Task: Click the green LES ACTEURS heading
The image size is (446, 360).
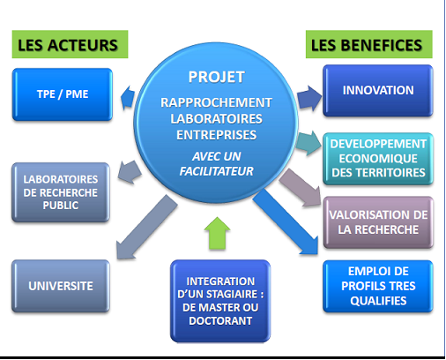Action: pyautogui.click(x=70, y=44)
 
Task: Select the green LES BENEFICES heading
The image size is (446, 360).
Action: pyautogui.click(x=369, y=44)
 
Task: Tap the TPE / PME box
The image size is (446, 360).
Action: pyautogui.click(x=63, y=94)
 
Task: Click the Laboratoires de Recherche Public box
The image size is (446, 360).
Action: pyautogui.click(x=61, y=192)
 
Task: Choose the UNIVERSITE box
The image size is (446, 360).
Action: pyautogui.click(x=61, y=286)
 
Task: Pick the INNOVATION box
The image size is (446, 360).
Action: pyautogui.click(x=378, y=91)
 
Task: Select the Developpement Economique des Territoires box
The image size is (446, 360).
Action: pyautogui.click(x=378, y=159)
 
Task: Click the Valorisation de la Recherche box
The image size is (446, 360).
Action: pyautogui.click(x=378, y=222)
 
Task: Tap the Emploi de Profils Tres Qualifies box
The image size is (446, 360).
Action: pyautogui.click(x=378, y=286)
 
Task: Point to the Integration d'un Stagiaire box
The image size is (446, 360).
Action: pyautogui.click(x=220, y=301)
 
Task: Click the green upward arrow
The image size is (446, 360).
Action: pyautogui.click(x=217, y=234)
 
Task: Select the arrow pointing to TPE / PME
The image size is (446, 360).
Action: pyautogui.click(x=128, y=98)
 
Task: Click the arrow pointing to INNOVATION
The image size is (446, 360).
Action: pyautogui.click(x=309, y=98)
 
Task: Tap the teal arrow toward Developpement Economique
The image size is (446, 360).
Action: pyautogui.click(x=308, y=143)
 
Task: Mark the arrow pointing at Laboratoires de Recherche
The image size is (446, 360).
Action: pyautogui.click(x=130, y=172)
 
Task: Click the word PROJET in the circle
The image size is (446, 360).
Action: pyautogui.click(x=216, y=77)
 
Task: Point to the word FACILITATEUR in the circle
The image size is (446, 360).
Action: pyautogui.click(x=216, y=171)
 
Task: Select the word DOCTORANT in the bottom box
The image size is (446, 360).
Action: pyautogui.click(x=220, y=321)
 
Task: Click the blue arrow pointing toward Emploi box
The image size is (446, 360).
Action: pyautogui.click(x=286, y=221)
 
